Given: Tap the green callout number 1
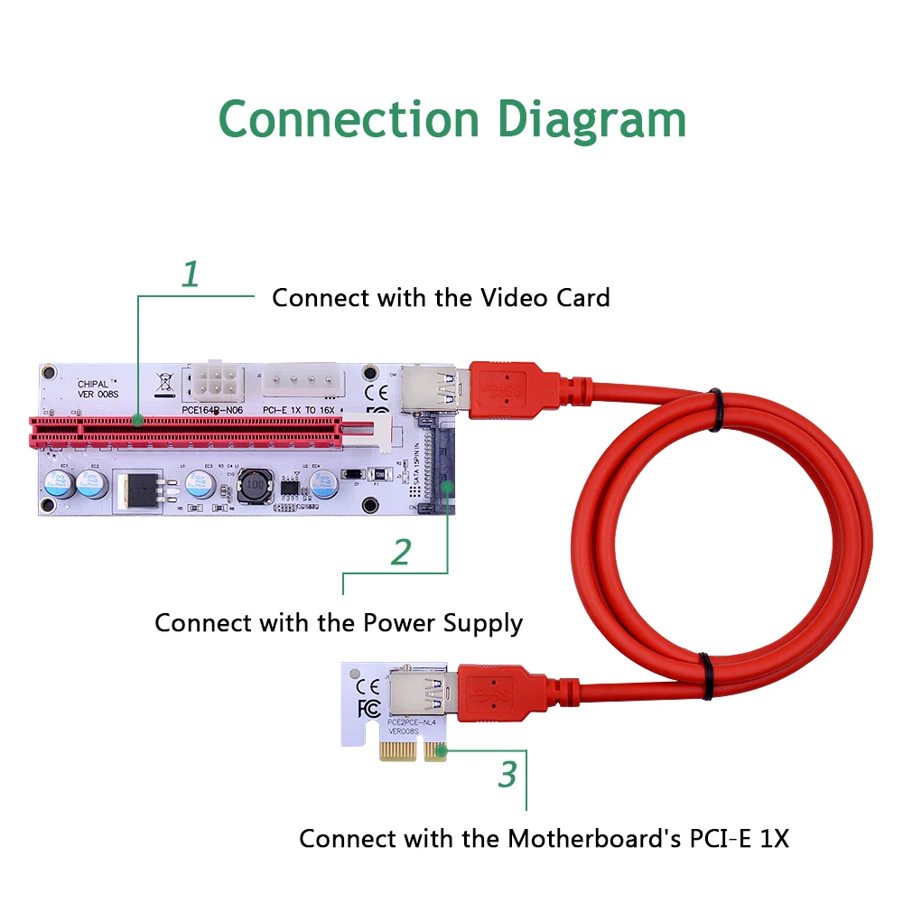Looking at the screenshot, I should tap(190, 275).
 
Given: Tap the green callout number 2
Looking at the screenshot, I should tap(401, 552).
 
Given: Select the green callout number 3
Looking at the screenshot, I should tap(508, 774).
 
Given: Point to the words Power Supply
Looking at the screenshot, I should tap(442, 623).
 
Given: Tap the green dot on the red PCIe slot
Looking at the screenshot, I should tap(137, 420).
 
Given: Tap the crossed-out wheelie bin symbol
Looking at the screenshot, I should tap(163, 383).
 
